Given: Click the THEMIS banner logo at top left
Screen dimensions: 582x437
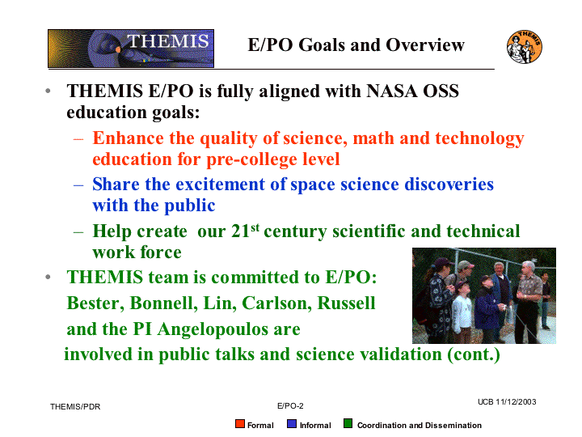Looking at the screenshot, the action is (131, 49).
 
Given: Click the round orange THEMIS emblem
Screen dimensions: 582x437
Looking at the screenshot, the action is (524, 47).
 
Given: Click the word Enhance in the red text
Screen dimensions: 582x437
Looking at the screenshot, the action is (128, 138).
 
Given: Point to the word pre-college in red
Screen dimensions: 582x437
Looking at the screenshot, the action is (251, 159).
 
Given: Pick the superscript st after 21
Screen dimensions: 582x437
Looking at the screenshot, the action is (255, 227).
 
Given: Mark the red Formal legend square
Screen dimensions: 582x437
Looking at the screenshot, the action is (240, 423).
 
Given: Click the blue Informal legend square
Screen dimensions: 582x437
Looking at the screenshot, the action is (292, 423).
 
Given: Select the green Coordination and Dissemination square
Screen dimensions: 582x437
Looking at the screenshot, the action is (348, 423).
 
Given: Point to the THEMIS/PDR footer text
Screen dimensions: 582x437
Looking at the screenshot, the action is (75, 407).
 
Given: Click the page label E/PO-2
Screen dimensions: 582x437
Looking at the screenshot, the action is (290, 406).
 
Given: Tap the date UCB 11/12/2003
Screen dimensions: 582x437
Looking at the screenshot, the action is (507, 402).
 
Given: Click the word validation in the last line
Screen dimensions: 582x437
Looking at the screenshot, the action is (401, 354).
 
